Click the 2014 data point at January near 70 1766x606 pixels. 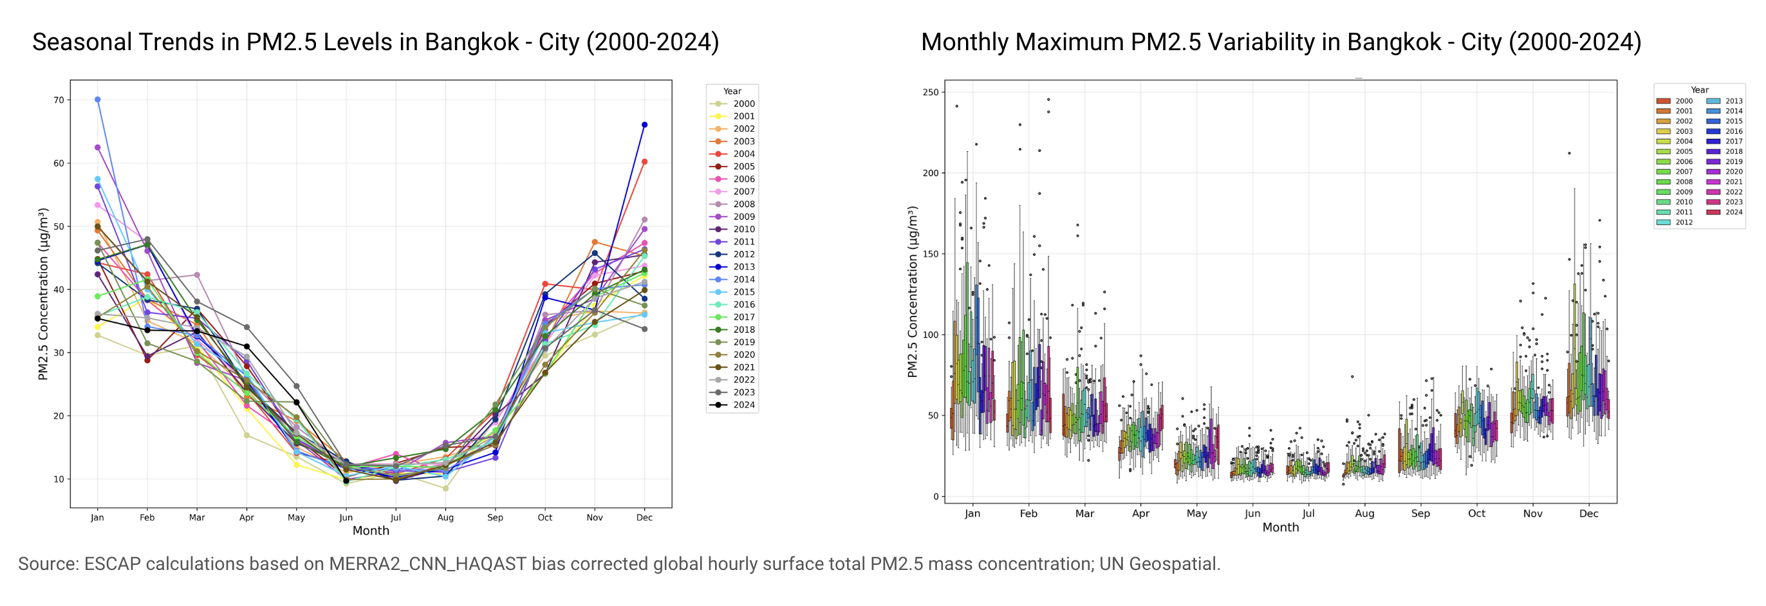[x=97, y=100]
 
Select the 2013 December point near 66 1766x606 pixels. [x=644, y=125]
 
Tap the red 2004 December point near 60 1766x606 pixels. [x=644, y=161]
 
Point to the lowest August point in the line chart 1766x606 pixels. [x=445, y=489]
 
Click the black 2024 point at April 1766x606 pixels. [x=246, y=346]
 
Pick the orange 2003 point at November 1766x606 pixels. [x=595, y=242]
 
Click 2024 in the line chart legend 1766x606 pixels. [x=744, y=405]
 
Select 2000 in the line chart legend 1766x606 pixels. [x=744, y=104]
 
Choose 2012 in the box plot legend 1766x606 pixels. [x=1684, y=222]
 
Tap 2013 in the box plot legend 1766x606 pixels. [x=1734, y=101]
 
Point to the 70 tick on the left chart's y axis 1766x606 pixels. [x=59, y=100]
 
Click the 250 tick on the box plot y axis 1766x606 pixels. [x=931, y=92]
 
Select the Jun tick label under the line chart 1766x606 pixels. [x=346, y=518]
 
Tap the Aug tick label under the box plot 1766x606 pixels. [x=1364, y=513]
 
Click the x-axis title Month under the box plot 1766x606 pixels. [x=1281, y=527]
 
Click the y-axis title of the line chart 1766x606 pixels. [x=43, y=294]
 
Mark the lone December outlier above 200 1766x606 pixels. [x=1569, y=153]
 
